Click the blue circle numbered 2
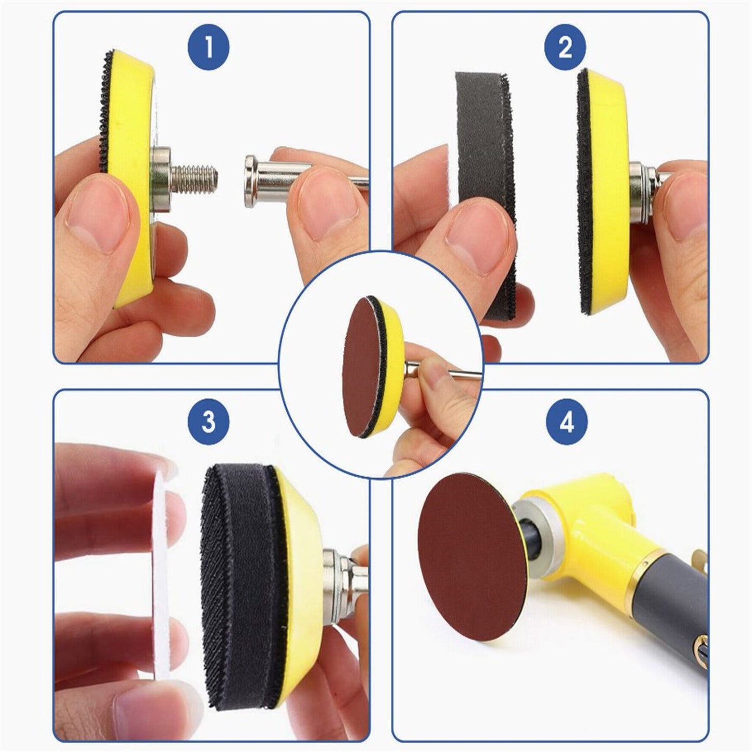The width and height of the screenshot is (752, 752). (x=565, y=47)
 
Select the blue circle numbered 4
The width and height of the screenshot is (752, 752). (x=566, y=420)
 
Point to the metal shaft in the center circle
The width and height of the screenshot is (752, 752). (x=453, y=371)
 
